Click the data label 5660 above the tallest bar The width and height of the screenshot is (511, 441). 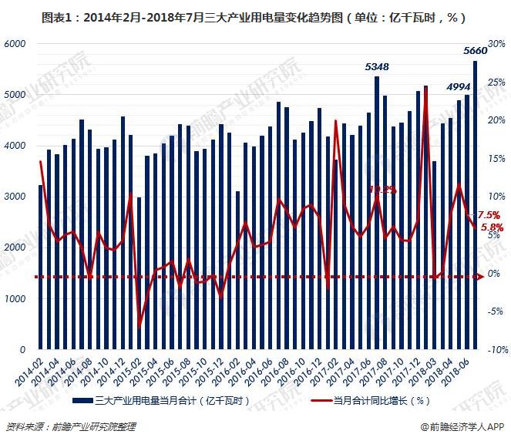click(475, 51)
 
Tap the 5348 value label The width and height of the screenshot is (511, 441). click(376, 67)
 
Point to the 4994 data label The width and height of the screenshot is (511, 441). click(459, 87)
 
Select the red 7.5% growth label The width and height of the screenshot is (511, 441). click(489, 215)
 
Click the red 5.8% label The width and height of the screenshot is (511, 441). click(492, 227)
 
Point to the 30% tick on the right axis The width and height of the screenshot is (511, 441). click(497, 44)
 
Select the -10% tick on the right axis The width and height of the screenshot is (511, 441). click(496, 349)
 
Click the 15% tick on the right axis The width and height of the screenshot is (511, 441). click(497, 159)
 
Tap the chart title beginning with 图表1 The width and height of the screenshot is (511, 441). click(255, 15)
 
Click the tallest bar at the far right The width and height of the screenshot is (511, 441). click(476, 204)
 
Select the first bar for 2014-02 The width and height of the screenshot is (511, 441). click(40, 267)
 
